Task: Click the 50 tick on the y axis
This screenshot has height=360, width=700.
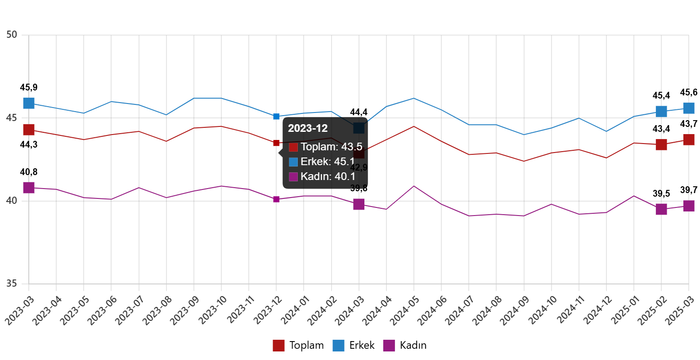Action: (12, 35)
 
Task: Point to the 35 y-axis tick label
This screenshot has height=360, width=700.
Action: (12, 283)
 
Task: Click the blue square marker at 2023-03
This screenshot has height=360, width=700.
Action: (29, 103)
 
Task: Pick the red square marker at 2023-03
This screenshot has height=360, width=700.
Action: (29, 130)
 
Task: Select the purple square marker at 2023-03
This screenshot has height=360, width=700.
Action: (29, 188)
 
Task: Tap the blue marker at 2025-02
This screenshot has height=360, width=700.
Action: (661, 112)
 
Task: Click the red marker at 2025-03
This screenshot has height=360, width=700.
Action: (689, 139)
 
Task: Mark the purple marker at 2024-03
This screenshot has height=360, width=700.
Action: (359, 204)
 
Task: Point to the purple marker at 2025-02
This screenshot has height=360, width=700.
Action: (661, 209)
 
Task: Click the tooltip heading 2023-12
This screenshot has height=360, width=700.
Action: (308, 128)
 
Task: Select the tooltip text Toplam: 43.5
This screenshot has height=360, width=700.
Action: (332, 147)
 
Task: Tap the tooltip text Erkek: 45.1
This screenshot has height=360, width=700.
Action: (328, 162)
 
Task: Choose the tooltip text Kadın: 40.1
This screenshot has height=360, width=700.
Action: (328, 176)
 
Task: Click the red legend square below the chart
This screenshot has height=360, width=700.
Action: (278, 346)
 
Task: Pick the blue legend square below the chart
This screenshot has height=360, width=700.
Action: (338, 346)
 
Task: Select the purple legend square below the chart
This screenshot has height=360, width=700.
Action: (389, 346)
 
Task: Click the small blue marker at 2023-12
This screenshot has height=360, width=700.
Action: (276, 117)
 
